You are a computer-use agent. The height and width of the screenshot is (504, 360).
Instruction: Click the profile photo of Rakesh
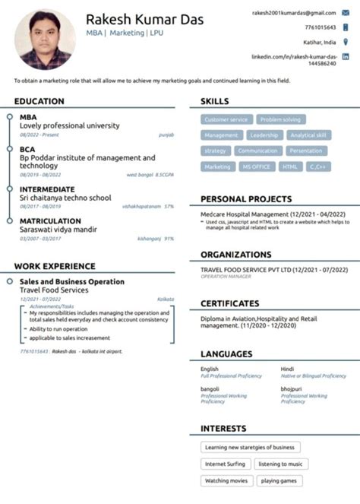pyautogui.click(x=45, y=39)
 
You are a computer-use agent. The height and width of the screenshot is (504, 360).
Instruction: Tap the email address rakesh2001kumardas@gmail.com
pyautogui.click(x=293, y=13)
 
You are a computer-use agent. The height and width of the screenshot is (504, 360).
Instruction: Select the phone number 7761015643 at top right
pyautogui.click(x=320, y=27)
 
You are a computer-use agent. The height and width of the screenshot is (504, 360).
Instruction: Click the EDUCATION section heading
pyautogui.click(x=39, y=101)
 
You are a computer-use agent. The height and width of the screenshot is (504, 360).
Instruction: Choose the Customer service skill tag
pyautogui.click(x=226, y=119)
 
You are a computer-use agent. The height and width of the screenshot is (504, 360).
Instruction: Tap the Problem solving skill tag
pyautogui.click(x=280, y=119)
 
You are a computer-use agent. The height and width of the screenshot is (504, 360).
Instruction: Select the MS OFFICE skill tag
pyautogui.click(x=256, y=166)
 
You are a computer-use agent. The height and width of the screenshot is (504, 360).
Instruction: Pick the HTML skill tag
pyautogui.click(x=290, y=166)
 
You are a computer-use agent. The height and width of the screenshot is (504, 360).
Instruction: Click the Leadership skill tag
pyautogui.click(x=264, y=135)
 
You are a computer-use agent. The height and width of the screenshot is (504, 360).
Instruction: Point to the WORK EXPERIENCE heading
pyautogui.click(x=55, y=266)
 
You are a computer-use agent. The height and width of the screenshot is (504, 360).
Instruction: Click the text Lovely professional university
pyautogui.click(x=69, y=125)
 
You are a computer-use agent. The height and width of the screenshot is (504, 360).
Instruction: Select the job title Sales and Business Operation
pyautogui.click(x=71, y=281)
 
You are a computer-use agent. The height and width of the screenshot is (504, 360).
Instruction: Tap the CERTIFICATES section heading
pyautogui.click(x=229, y=304)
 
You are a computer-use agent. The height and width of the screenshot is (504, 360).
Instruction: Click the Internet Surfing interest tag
pyautogui.click(x=225, y=464)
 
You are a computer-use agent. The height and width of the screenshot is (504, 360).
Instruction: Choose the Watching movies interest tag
pyautogui.click(x=225, y=480)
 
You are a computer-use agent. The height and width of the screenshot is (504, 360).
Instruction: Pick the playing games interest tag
pyautogui.click(x=279, y=480)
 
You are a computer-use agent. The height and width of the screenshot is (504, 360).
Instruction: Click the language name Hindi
pyautogui.click(x=287, y=369)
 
